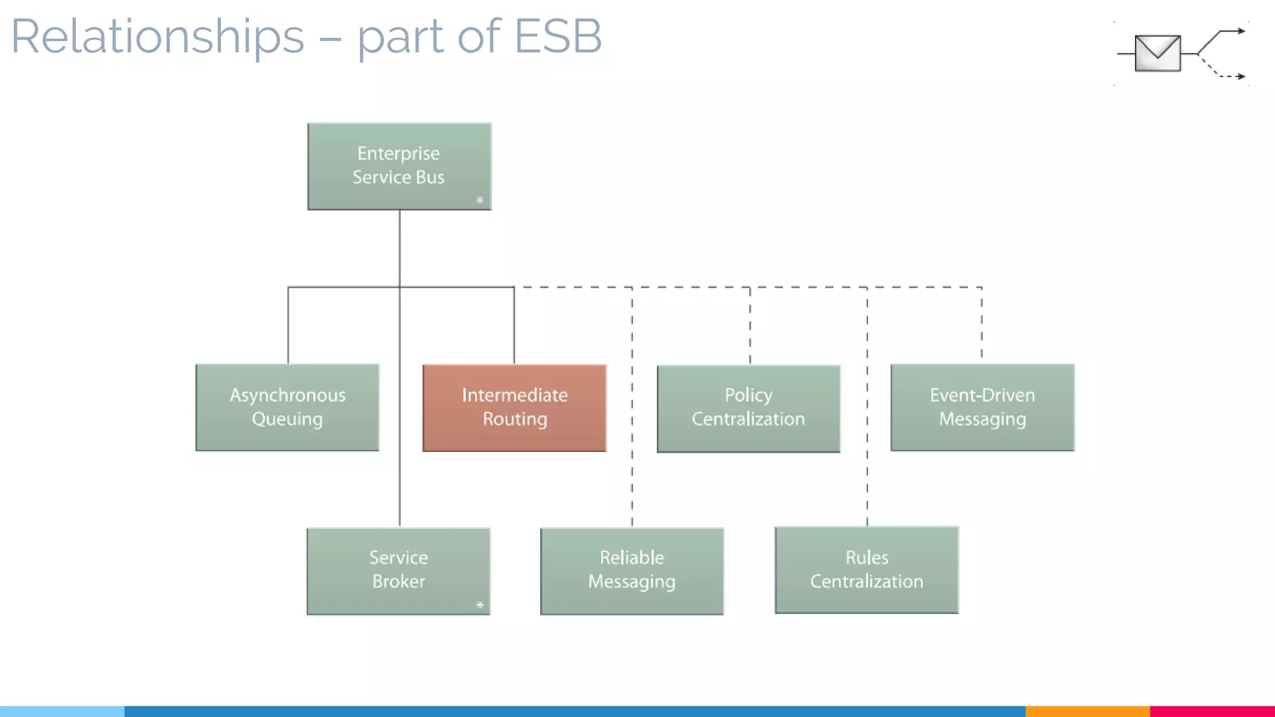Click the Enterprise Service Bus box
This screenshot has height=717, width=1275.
tap(399, 166)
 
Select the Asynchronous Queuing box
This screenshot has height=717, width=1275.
tap(287, 407)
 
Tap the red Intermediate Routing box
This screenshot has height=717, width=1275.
tap(514, 408)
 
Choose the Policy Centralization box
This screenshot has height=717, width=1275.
tap(748, 408)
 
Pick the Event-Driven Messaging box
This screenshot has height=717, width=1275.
tap(982, 407)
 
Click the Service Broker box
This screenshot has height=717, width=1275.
tap(398, 571)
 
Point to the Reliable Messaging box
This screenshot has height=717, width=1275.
tap(632, 571)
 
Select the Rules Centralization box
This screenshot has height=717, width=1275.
tap(867, 569)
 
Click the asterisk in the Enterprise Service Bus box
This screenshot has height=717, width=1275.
tap(479, 200)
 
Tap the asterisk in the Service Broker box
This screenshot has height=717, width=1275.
tap(479, 604)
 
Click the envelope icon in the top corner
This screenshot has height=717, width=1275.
tap(1157, 53)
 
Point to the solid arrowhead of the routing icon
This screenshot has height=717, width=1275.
tap(1241, 30)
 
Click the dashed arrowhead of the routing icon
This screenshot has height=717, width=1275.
tap(1241, 77)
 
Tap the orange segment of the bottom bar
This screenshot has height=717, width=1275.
tap(1087, 711)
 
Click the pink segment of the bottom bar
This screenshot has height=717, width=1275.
tap(1212, 711)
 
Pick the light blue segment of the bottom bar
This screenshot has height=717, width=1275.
tap(62, 711)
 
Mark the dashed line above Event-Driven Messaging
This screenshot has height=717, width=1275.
tap(982, 324)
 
